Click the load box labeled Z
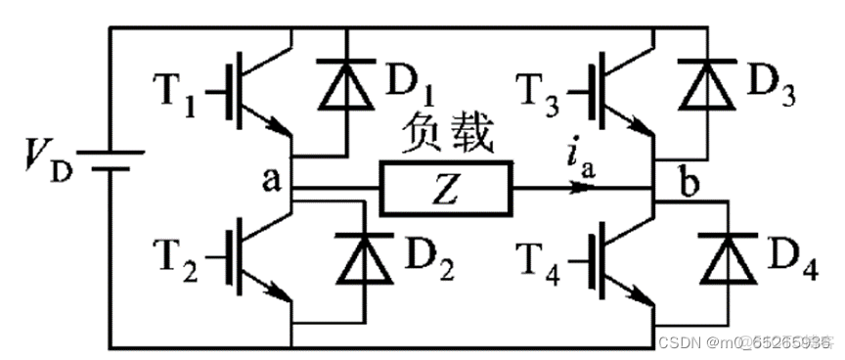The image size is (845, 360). click(x=446, y=190)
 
